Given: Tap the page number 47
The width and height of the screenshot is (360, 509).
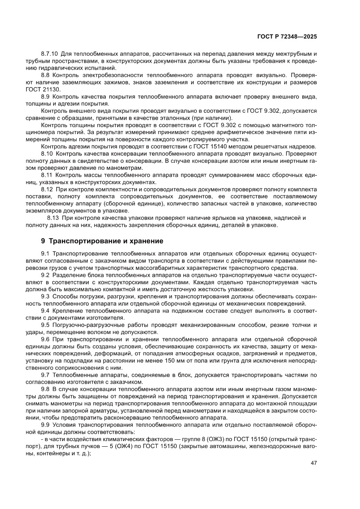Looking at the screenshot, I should (313, 462).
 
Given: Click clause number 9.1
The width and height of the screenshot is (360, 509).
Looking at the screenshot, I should (45, 253).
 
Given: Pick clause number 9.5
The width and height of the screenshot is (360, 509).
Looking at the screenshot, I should (45, 325).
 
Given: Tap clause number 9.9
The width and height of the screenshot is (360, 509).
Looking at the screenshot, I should (45, 425).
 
